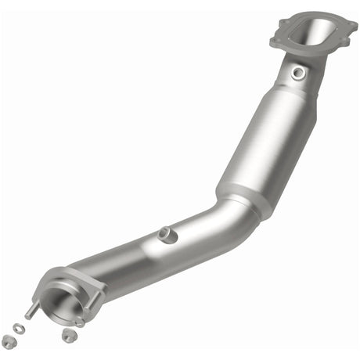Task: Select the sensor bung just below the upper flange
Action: (x=297, y=73)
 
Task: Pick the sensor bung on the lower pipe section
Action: (x=164, y=233)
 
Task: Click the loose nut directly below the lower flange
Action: (x=68, y=335)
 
